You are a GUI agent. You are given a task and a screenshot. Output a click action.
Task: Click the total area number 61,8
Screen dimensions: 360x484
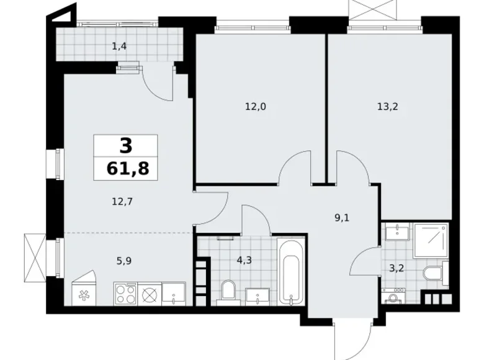tap(125, 168)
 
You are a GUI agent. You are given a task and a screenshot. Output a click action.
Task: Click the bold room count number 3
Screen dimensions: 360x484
tap(125, 146)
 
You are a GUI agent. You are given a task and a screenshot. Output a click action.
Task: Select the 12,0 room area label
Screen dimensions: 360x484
tap(255, 106)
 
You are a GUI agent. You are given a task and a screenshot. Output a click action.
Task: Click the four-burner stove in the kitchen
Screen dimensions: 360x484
tap(125, 293)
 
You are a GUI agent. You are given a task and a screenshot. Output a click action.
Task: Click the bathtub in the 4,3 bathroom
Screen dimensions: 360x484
tap(290, 273)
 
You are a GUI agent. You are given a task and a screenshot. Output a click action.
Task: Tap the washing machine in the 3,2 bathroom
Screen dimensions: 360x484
tap(392, 298)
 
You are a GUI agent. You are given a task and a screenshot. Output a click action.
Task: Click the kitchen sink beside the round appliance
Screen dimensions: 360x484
tap(174, 293)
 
